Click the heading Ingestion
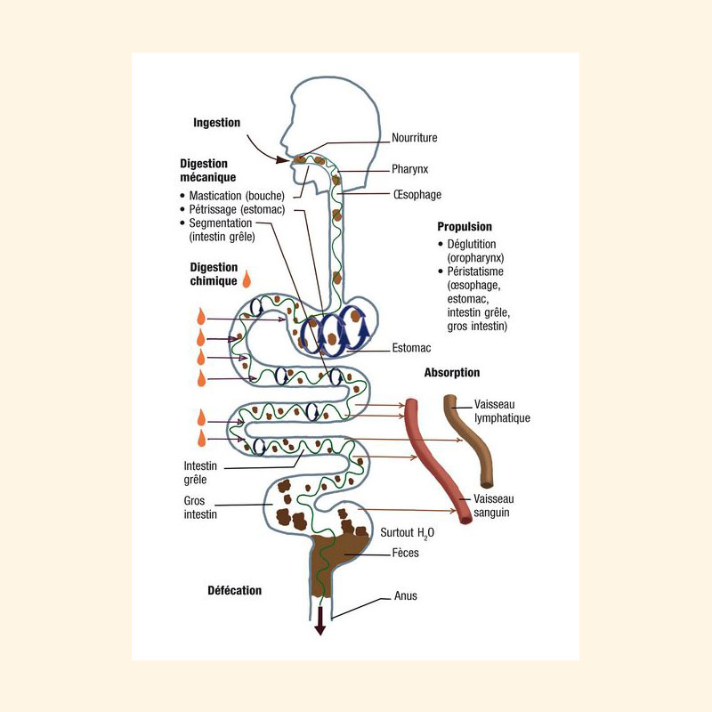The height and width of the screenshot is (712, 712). click(x=216, y=123)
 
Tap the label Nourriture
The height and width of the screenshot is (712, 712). click(x=415, y=138)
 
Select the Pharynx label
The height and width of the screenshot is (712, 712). click(x=410, y=169)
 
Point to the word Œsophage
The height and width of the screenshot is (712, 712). click(x=417, y=195)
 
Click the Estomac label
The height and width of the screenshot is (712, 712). click(x=411, y=348)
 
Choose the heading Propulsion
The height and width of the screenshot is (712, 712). click(x=465, y=227)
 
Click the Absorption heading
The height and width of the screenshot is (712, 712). click(x=452, y=373)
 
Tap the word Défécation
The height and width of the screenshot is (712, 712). click(x=234, y=590)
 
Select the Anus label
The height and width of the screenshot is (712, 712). click(x=406, y=595)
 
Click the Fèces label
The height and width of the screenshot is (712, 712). click(x=406, y=553)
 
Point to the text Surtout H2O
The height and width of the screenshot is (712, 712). click(x=407, y=533)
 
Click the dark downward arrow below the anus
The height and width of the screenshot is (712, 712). click(x=320, y=620)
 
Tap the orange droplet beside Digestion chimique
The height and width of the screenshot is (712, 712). click(x=247, y=279)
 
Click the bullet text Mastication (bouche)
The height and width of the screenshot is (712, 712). click(x=237, y=196)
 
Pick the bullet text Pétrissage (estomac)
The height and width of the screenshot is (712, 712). click(x=237, y=209)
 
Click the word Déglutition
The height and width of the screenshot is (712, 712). click(x=472, y=244)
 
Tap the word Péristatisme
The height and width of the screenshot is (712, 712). click(x=475, y=271)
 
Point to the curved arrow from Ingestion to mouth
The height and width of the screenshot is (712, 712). click(x=261, y=152)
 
